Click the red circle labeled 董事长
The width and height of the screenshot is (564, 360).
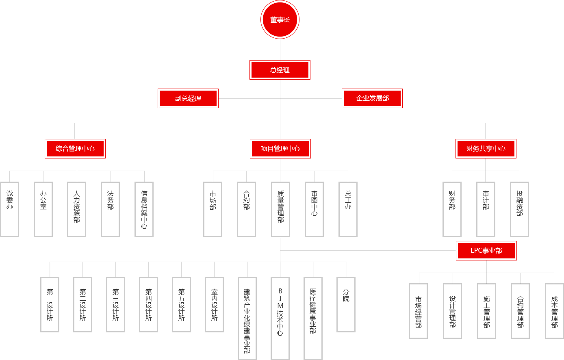(280, 20)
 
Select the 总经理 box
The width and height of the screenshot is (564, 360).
(280, 70)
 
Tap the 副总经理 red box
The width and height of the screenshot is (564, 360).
(188, 98)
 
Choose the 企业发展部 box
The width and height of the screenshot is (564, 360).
(372, 98)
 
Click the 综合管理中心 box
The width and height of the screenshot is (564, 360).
(75, 149)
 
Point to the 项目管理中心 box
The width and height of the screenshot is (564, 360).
(280, 149)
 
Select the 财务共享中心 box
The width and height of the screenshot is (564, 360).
(486, 149)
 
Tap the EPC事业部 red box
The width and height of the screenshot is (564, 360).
(486, 251)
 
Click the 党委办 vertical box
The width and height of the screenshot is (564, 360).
(10, 209)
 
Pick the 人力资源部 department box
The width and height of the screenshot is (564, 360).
(76, 209)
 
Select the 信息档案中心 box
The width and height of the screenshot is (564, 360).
(144, 209)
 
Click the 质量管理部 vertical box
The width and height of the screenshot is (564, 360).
(280, 209)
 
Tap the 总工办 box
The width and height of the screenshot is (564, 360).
(348, 209)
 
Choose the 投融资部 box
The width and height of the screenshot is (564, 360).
(519, 209)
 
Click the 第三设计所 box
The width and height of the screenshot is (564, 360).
(115, 305)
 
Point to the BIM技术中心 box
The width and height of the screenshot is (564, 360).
(280, 319)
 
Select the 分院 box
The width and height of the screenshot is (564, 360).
(346, 305)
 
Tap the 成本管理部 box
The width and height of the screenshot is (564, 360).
(554, 311)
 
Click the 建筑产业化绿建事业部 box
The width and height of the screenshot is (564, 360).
(247, 319)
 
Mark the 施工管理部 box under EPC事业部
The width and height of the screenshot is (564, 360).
(486, 311)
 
